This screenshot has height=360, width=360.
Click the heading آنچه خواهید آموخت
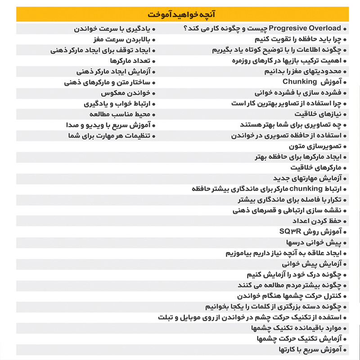point(180,14)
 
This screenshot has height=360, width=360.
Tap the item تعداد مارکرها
point(130,61)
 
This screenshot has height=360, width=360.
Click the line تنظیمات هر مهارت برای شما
point(110,135)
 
